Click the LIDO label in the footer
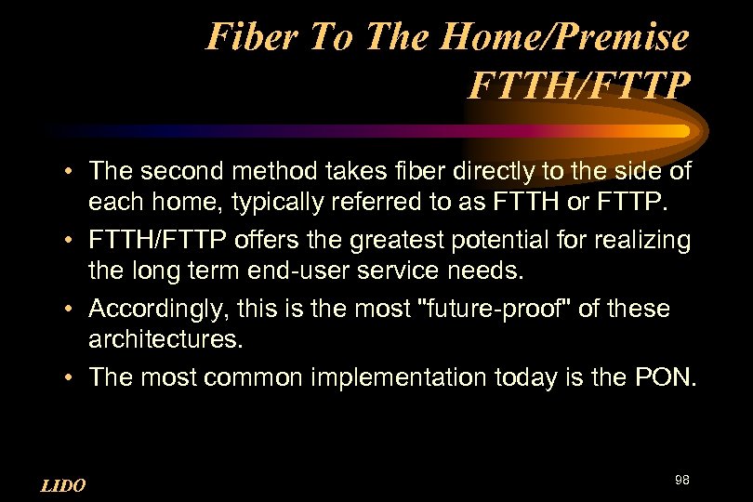63,485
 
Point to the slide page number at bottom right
682,480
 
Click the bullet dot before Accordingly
71,309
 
